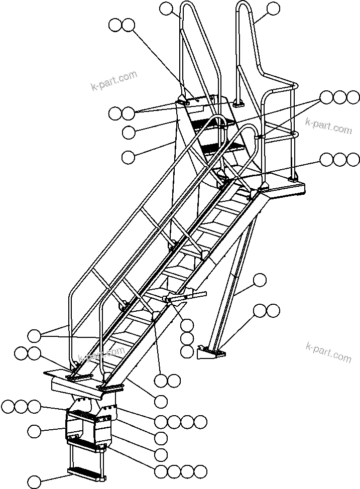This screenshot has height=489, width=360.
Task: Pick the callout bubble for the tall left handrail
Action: tap(166, 8)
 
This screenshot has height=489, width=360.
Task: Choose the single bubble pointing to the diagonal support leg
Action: tap(260, 280)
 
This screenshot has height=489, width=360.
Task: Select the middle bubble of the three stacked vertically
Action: tap(187, 338)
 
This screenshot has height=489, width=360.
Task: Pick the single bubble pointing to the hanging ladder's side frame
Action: tap(34, 430)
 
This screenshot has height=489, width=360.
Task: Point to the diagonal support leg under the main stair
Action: tap(233, 281)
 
